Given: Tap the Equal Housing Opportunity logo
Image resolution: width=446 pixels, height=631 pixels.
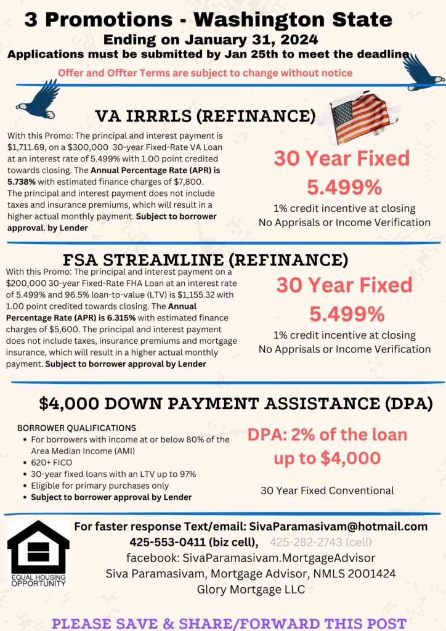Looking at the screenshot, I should [38, 553].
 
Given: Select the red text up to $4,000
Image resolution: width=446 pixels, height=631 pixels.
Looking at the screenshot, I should [327, 458].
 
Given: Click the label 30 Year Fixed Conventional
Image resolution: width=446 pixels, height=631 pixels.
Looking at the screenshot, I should [327, 491].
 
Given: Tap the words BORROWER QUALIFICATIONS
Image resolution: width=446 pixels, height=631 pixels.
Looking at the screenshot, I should [76, 428].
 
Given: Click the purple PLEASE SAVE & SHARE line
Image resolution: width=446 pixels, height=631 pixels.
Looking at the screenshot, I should [229, 622].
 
